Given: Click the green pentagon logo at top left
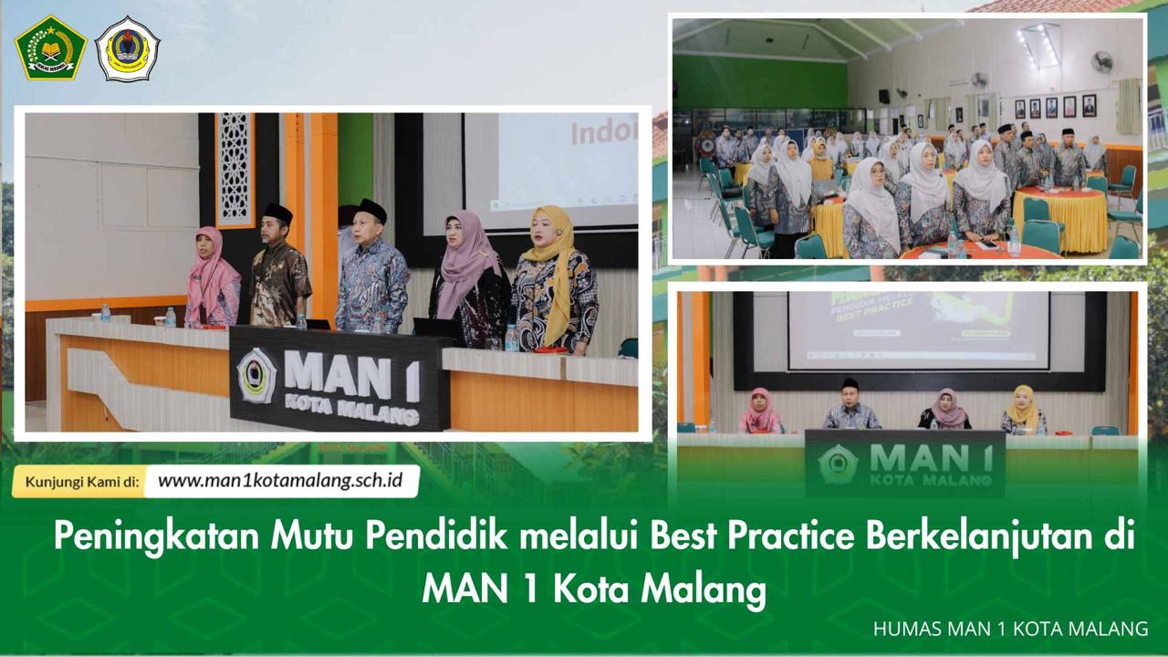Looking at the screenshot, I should (x=50, y=47).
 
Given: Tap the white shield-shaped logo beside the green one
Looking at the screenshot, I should (x=128, y=49).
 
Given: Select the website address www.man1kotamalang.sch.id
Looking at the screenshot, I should (x=281, y=481).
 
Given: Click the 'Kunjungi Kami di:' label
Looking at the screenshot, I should (x=82, y=482).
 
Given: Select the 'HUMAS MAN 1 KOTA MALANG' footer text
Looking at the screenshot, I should (x=1010, y=629).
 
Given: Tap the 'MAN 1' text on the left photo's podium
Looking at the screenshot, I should (x=351, y=374).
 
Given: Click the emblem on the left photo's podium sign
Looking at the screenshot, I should (x=256, y=375).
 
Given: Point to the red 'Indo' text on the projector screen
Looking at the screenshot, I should (x=603, y=133).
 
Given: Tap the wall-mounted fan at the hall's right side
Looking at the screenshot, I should (x=1102, y=62).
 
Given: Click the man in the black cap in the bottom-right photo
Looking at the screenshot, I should (x=850, y=407).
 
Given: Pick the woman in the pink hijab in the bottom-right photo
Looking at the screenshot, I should (x=760, y=412).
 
